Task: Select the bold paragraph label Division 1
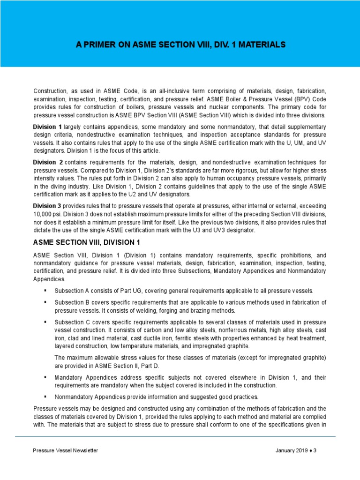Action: (47, 127)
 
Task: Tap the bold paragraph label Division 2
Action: (48, 162)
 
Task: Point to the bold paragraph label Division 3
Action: (47, 206)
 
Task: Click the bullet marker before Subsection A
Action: (45, 291)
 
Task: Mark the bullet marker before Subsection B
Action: (45, 302)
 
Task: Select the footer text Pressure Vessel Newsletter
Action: (65, 450)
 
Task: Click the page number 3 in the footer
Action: (315, 450)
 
